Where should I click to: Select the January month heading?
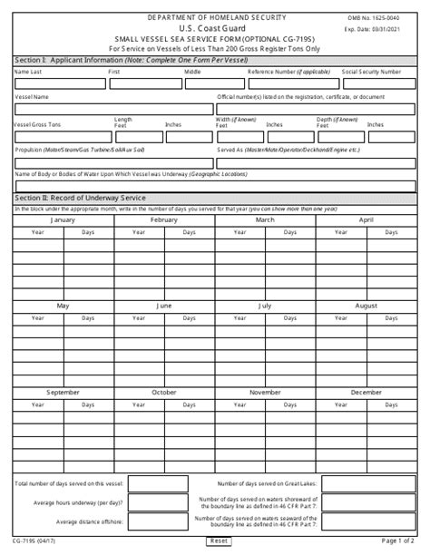coord(63,220)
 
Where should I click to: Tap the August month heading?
coord(366,307)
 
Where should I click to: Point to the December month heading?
coord(366,393)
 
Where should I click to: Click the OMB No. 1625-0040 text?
coord(391,18)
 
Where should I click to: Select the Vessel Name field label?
coord(33,95)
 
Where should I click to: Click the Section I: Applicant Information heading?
coord(100,59)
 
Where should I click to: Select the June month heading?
coord(163,307)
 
